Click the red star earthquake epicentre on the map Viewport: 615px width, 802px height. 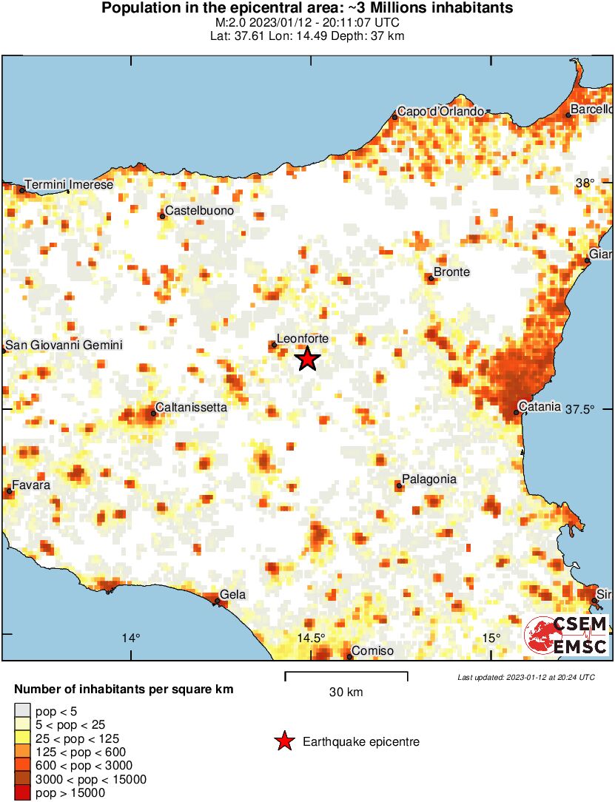coord(307,359)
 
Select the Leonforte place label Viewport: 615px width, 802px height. coord(301,338)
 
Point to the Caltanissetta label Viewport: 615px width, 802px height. coord(191,408)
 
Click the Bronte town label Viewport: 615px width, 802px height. coord(451,272)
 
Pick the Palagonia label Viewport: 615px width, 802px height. coord(429,479)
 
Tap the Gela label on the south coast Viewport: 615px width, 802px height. coord(233,595)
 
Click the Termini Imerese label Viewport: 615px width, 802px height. coord(69,184)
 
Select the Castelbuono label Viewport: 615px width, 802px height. coord(199,211)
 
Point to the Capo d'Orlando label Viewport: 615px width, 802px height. coord(440,112)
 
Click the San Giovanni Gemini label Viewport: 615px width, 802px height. coord(64,346)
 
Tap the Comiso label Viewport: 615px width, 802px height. coord(373,652)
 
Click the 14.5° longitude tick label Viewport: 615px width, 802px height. coord(312,638)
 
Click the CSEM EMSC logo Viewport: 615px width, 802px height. coord(567,635)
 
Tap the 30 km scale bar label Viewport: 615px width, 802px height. coord(346,693)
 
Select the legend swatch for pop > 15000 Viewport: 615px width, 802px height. coord(22,793)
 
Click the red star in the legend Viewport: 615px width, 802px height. coord(283,741)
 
